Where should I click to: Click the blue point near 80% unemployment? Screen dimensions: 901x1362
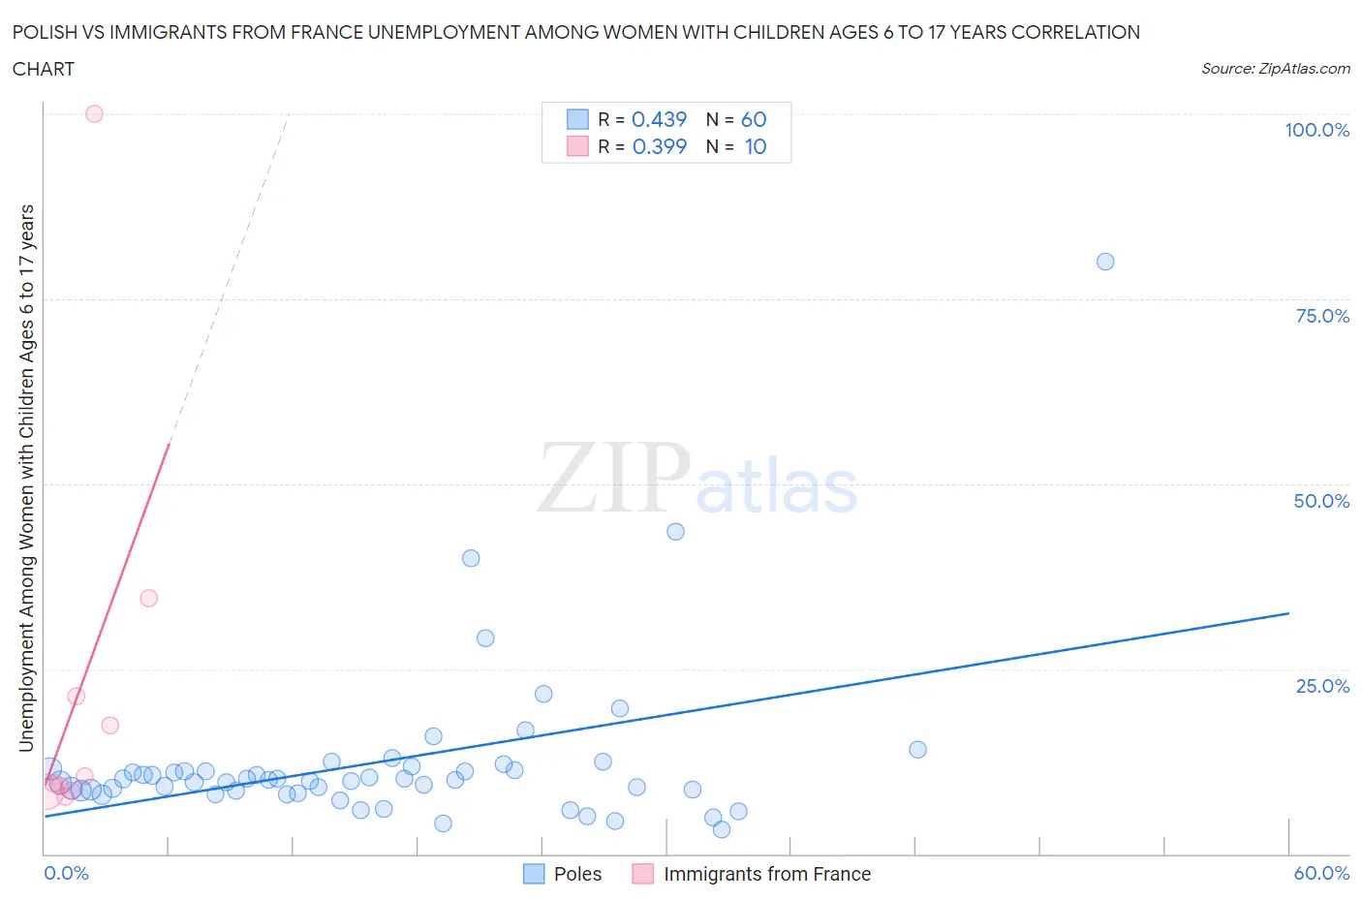1105,262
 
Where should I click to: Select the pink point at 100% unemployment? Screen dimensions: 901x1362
94,113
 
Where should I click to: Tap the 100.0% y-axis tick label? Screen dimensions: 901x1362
1316,130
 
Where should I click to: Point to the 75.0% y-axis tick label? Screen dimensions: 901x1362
1322,316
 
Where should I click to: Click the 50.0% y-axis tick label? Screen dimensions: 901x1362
1321,501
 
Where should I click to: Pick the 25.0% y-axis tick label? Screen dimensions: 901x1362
1322,686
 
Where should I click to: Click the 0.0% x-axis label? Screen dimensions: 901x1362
66,873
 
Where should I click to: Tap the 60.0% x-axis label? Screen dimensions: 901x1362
1321,873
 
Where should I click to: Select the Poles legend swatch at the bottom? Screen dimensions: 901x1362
534,874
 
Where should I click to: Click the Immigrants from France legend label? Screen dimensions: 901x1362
766,874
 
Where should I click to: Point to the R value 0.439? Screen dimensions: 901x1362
659,119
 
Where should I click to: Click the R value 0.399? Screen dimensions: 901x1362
659,146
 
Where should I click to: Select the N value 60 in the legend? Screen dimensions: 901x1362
754,119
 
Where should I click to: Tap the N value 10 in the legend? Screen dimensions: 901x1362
756,146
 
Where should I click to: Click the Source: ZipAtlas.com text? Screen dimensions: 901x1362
1275,69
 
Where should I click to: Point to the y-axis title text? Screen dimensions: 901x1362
26,478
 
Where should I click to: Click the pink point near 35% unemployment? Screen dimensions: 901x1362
148,598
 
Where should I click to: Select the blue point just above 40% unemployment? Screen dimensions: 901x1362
675,532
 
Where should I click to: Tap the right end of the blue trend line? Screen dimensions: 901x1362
1288,613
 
